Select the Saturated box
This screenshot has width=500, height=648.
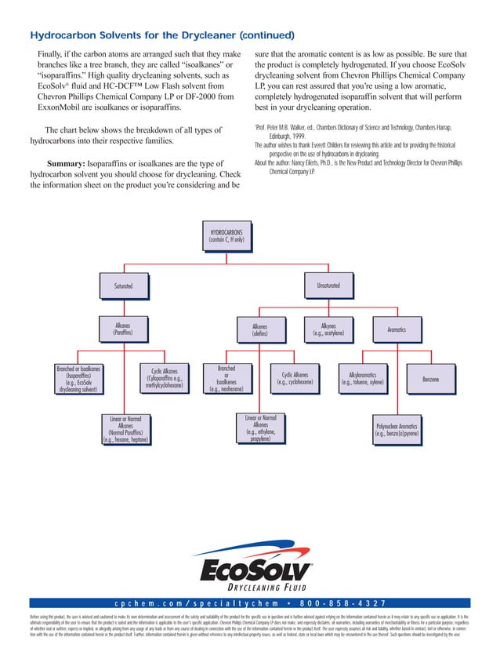tap(122, 286)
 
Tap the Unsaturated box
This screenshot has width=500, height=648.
tap(328, 286)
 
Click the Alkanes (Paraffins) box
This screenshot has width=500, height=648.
tap(122, 329)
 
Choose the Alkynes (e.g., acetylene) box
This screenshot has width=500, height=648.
tap(328, 329)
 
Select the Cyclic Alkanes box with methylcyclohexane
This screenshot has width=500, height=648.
tap(164, 378)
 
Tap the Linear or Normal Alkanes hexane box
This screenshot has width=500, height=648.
tap(125, 429)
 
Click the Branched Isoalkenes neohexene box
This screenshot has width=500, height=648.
tap(226, 379)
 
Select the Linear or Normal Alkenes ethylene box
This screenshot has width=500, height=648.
tap(260, 428)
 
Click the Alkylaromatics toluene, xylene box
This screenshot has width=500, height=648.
tap(362, 379)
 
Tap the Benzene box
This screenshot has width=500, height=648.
tap(430, 380)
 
